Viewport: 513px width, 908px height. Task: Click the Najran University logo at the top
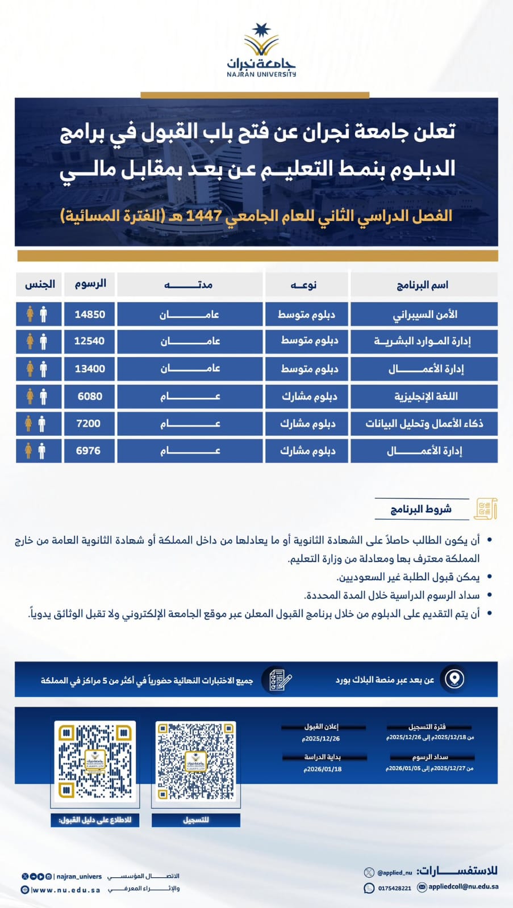click(261, 50)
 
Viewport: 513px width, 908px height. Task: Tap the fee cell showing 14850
click(90, 314)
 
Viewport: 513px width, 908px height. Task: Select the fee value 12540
click(90, 341)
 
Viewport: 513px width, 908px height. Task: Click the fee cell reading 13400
click(90, 369)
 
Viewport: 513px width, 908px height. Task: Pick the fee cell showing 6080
click(90, 396)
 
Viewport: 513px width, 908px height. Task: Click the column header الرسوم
click(90, 284)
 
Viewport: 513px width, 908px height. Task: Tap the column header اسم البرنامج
click(423, 284)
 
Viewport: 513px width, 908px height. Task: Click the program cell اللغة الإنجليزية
click(426, 396)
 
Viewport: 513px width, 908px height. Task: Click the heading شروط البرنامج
click(421, 509)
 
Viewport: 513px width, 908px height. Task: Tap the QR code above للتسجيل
click(195, 761)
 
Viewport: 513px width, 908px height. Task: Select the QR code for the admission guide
click(95, 761)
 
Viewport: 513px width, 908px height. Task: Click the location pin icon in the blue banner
click(454, 679)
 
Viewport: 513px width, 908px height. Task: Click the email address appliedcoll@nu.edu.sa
click(463, 886)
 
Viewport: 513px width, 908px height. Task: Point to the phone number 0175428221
click(394, 888)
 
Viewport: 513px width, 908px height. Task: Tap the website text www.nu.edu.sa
click(66, 890)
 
